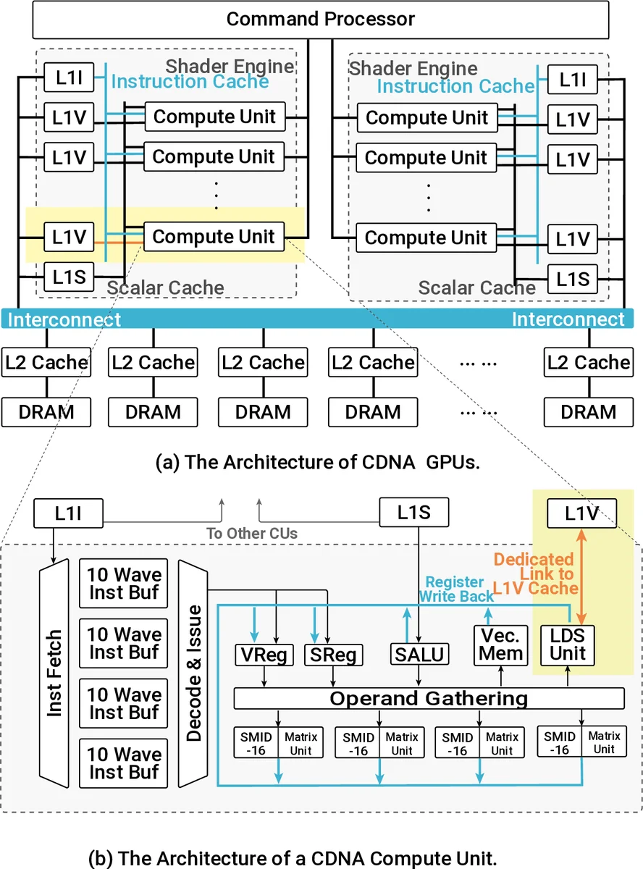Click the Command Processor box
click(321, 20)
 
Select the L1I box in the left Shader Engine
click(69, 77)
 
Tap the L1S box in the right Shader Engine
click(572, 278)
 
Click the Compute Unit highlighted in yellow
click(214, 237)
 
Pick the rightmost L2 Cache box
click(588, 362)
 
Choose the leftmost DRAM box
click(46, 412)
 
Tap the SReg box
click(333, 655)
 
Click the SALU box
click(418, 655)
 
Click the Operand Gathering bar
click(429, 698)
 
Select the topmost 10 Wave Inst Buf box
click(124, 584)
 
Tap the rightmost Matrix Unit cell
click(604, 743)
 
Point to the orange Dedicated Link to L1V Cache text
click(534, 574)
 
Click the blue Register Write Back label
click(455, 589)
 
